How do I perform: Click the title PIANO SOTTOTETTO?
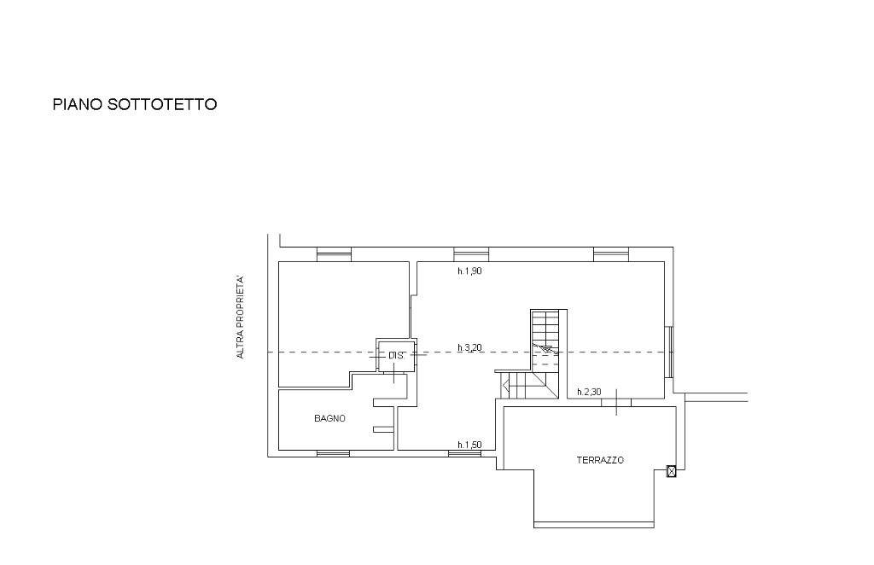point(134,105)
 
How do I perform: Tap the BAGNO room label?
point(329,418)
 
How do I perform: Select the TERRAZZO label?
point(600,460)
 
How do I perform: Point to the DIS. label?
point(396,356)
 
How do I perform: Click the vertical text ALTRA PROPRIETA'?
point(240,317)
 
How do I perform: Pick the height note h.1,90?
point(469,271)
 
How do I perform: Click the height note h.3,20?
point(469,347)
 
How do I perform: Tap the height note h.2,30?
point(589,392)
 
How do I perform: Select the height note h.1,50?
point(469,445)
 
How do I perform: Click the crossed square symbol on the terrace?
point(672,472)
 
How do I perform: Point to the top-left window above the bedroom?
point(334,254)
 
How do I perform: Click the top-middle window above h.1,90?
point(471,254)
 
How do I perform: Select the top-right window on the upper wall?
point(611,254)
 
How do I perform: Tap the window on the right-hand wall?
point(669,352)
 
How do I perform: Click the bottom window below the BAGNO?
point(334,453)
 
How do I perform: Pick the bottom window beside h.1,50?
point(465,453)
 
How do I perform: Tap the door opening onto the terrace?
point(616,402)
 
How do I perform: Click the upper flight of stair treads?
point(545,335)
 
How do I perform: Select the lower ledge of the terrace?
point(594,525)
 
